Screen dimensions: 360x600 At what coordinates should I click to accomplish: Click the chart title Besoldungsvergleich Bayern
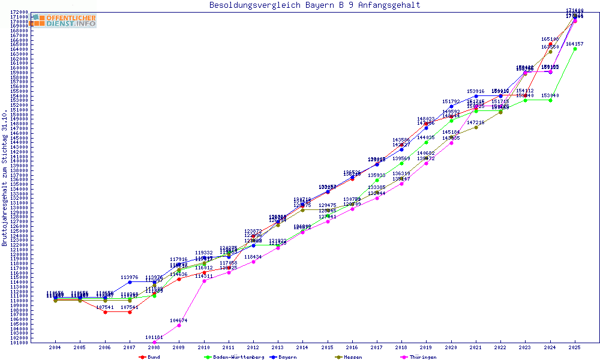pos(314,5)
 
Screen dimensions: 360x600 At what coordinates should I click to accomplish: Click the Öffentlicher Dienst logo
pos(63,20)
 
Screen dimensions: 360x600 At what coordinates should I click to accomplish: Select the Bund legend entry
pos(150,357)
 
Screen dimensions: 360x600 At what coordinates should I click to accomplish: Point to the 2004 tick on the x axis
pos(55,347)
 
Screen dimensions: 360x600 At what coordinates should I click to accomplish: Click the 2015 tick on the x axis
pos(328,347)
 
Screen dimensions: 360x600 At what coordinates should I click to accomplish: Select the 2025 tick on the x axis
pos(575,347)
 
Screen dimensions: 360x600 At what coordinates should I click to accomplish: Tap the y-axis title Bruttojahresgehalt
pos(5,178)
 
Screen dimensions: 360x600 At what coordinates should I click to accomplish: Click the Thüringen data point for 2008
pos(154,343)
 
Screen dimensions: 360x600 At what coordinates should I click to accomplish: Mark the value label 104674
pos(179,320)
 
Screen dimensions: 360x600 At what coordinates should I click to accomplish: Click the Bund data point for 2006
pos(105,312)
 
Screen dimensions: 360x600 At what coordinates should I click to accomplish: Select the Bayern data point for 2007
pos(130,282)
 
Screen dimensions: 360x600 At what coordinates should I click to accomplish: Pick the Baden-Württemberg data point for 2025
pos(575,49)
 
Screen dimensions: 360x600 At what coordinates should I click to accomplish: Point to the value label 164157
pos(575,44)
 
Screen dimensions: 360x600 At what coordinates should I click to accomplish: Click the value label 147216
pos(476,122)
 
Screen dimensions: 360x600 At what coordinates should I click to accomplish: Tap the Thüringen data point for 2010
pos(204,281)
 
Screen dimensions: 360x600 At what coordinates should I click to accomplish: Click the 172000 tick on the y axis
pos(20,12)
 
